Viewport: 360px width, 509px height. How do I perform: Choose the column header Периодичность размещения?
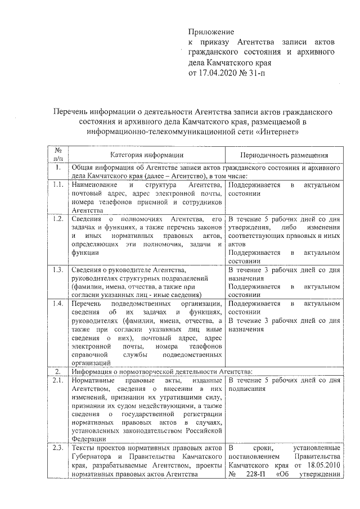coord(284,155)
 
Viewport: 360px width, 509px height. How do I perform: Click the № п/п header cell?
coord(57,155)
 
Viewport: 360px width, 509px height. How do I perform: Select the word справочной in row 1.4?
coord(89,355)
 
